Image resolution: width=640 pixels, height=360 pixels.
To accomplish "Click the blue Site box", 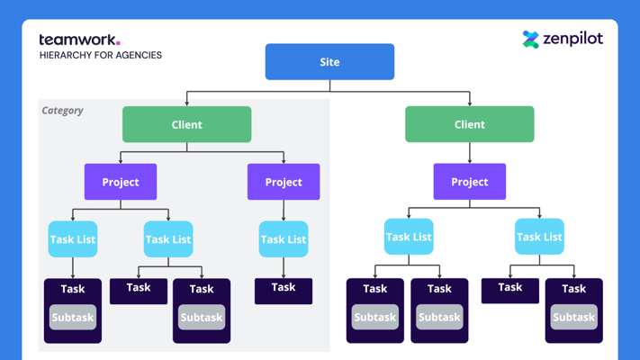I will tap(329, 62).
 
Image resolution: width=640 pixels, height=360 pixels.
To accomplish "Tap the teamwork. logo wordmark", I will tap(78, 40).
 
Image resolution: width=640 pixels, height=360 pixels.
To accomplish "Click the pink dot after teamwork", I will tap(118, 42).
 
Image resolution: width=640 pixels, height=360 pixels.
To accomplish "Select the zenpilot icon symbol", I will tap(531, 39).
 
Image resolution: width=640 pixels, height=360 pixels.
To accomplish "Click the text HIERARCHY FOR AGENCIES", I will tap(100, 55).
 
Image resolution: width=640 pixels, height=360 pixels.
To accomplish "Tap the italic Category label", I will tap(63, 111).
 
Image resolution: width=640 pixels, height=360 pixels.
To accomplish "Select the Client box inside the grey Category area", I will tap(186, 124).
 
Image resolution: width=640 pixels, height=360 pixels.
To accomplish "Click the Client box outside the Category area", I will tap(469, 124).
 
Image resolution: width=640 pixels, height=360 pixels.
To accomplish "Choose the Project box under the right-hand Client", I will tap(469, 182).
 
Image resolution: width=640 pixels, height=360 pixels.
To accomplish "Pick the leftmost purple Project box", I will tap(121, 182).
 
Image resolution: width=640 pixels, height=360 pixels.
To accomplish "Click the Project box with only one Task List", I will tap(284, 182).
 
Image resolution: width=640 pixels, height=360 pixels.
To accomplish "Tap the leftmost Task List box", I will tap(73, 239).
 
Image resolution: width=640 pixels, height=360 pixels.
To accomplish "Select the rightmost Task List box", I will tap(539, 237).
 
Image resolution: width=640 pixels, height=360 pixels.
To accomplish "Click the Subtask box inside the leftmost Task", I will tap(73, 318).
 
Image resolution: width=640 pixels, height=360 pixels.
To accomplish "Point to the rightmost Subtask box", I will tap(573, 318).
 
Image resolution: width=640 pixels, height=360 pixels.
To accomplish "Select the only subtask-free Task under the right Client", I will tap(509, 288).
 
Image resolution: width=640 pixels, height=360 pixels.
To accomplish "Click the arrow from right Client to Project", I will tap(469, 153).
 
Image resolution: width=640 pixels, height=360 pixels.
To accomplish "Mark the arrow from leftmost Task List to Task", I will tap(73, 268).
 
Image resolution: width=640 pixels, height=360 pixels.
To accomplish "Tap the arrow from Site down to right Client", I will tap(469, 98).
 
